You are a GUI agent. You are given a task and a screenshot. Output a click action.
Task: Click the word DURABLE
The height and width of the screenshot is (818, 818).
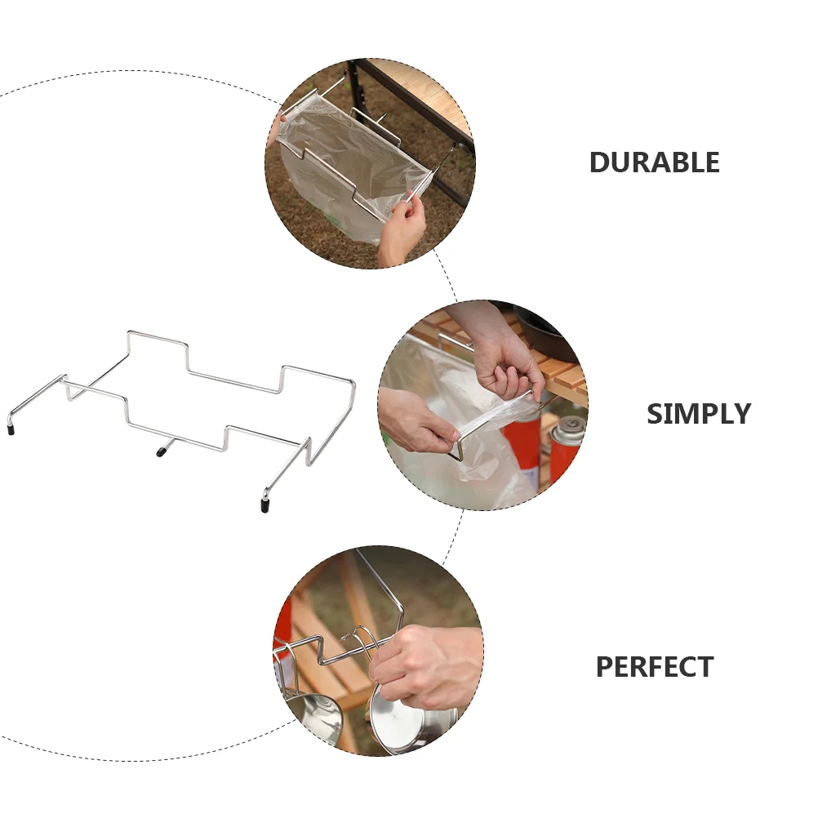(654, 162)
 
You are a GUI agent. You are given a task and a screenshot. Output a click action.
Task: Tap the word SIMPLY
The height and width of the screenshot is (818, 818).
(699, 414)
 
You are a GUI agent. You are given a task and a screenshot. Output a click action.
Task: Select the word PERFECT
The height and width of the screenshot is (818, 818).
(655, 666)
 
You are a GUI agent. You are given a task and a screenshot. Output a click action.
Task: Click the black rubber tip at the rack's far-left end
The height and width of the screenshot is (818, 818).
(11, 429)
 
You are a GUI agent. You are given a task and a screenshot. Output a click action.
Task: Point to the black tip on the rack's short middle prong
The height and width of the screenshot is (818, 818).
(161, 451)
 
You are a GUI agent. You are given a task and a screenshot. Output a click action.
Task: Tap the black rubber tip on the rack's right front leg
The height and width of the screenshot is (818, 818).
(265, 505)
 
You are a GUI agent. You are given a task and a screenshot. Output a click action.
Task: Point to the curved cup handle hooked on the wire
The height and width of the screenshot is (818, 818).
(361, 639)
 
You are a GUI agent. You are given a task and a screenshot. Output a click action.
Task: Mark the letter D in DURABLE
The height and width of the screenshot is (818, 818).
(599, 162)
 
